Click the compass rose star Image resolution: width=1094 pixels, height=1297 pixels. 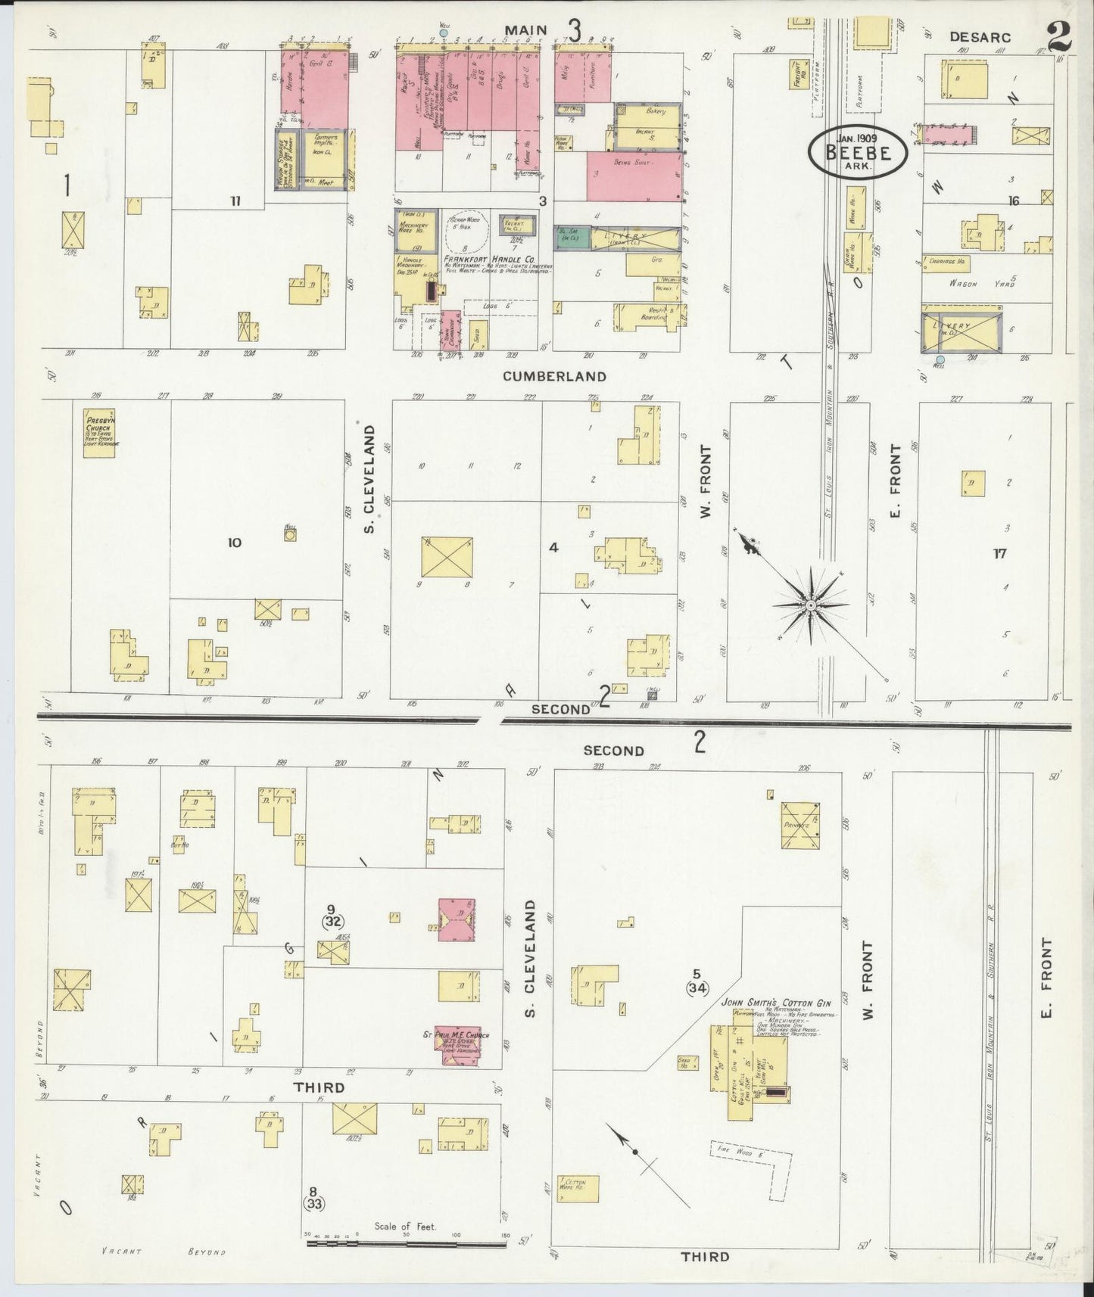pos(810,605)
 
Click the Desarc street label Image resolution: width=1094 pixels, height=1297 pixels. pos(980,36)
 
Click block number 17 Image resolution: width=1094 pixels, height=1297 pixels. pos(1000,554)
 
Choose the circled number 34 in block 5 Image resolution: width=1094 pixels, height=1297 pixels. pos(697,988)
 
